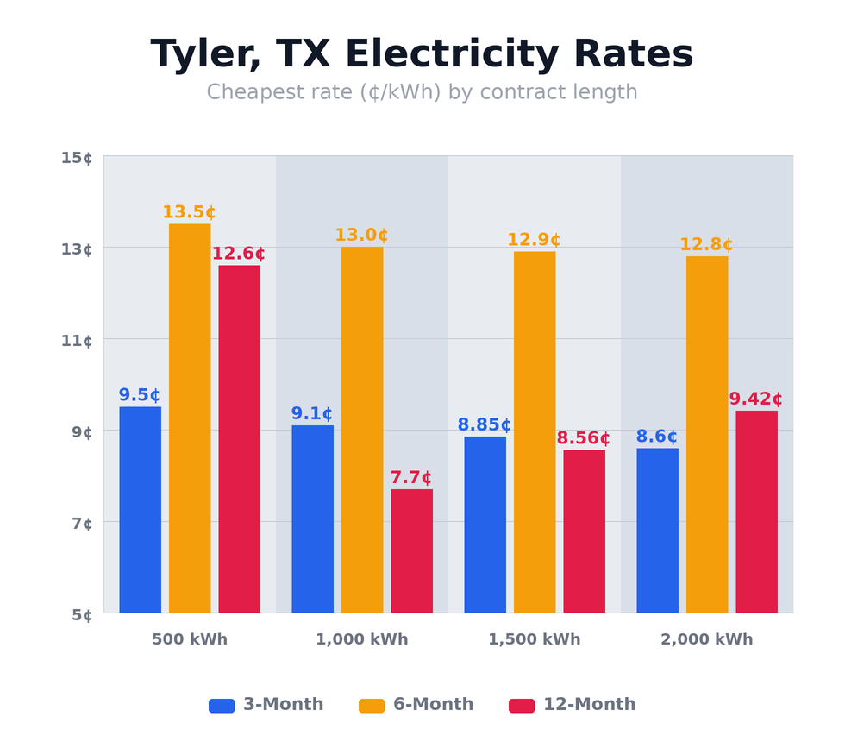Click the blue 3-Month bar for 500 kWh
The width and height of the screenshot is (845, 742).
[140, 509]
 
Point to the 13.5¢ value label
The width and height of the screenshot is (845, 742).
[189, 212]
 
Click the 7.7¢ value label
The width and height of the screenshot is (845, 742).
[410, 477]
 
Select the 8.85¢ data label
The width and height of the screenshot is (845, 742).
[484, 424]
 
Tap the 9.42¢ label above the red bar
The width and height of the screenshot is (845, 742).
[755, 399]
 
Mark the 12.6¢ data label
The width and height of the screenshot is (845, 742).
[238, 254]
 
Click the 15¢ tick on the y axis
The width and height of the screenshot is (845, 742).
[77, 158]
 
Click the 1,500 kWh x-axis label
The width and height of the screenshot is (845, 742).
[534, 639]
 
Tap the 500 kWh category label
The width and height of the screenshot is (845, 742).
[190, 639]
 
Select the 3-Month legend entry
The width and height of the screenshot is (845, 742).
[266, 705]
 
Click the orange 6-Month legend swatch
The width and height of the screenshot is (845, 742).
[372, 706]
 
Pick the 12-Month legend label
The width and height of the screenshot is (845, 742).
[589, 705]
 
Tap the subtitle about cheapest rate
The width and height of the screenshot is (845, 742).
[422, 92]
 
